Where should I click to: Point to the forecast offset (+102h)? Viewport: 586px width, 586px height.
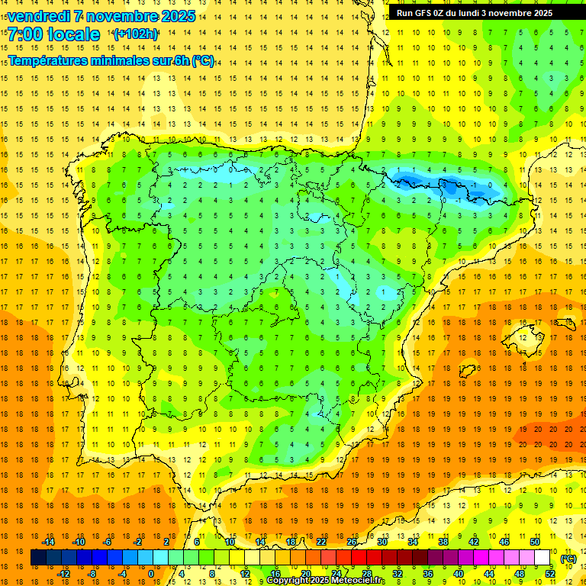click(x=136, y=34)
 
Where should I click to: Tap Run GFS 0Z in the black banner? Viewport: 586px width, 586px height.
click(x=419, y=13)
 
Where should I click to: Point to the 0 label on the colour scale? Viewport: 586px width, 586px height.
click(x=151, y=574)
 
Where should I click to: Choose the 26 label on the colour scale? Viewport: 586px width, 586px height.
click(x=352, y=542)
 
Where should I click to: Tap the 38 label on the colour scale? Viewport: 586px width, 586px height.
click(x=443, y=542)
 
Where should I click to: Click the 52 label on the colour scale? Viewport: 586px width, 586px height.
click(x=550, y=574)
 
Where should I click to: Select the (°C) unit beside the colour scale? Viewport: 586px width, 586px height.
click(x=568, y=559)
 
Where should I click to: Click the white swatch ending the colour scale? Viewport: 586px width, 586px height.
click(x=543, y=558)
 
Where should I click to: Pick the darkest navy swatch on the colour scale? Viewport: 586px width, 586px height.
click(x=38, y=558)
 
